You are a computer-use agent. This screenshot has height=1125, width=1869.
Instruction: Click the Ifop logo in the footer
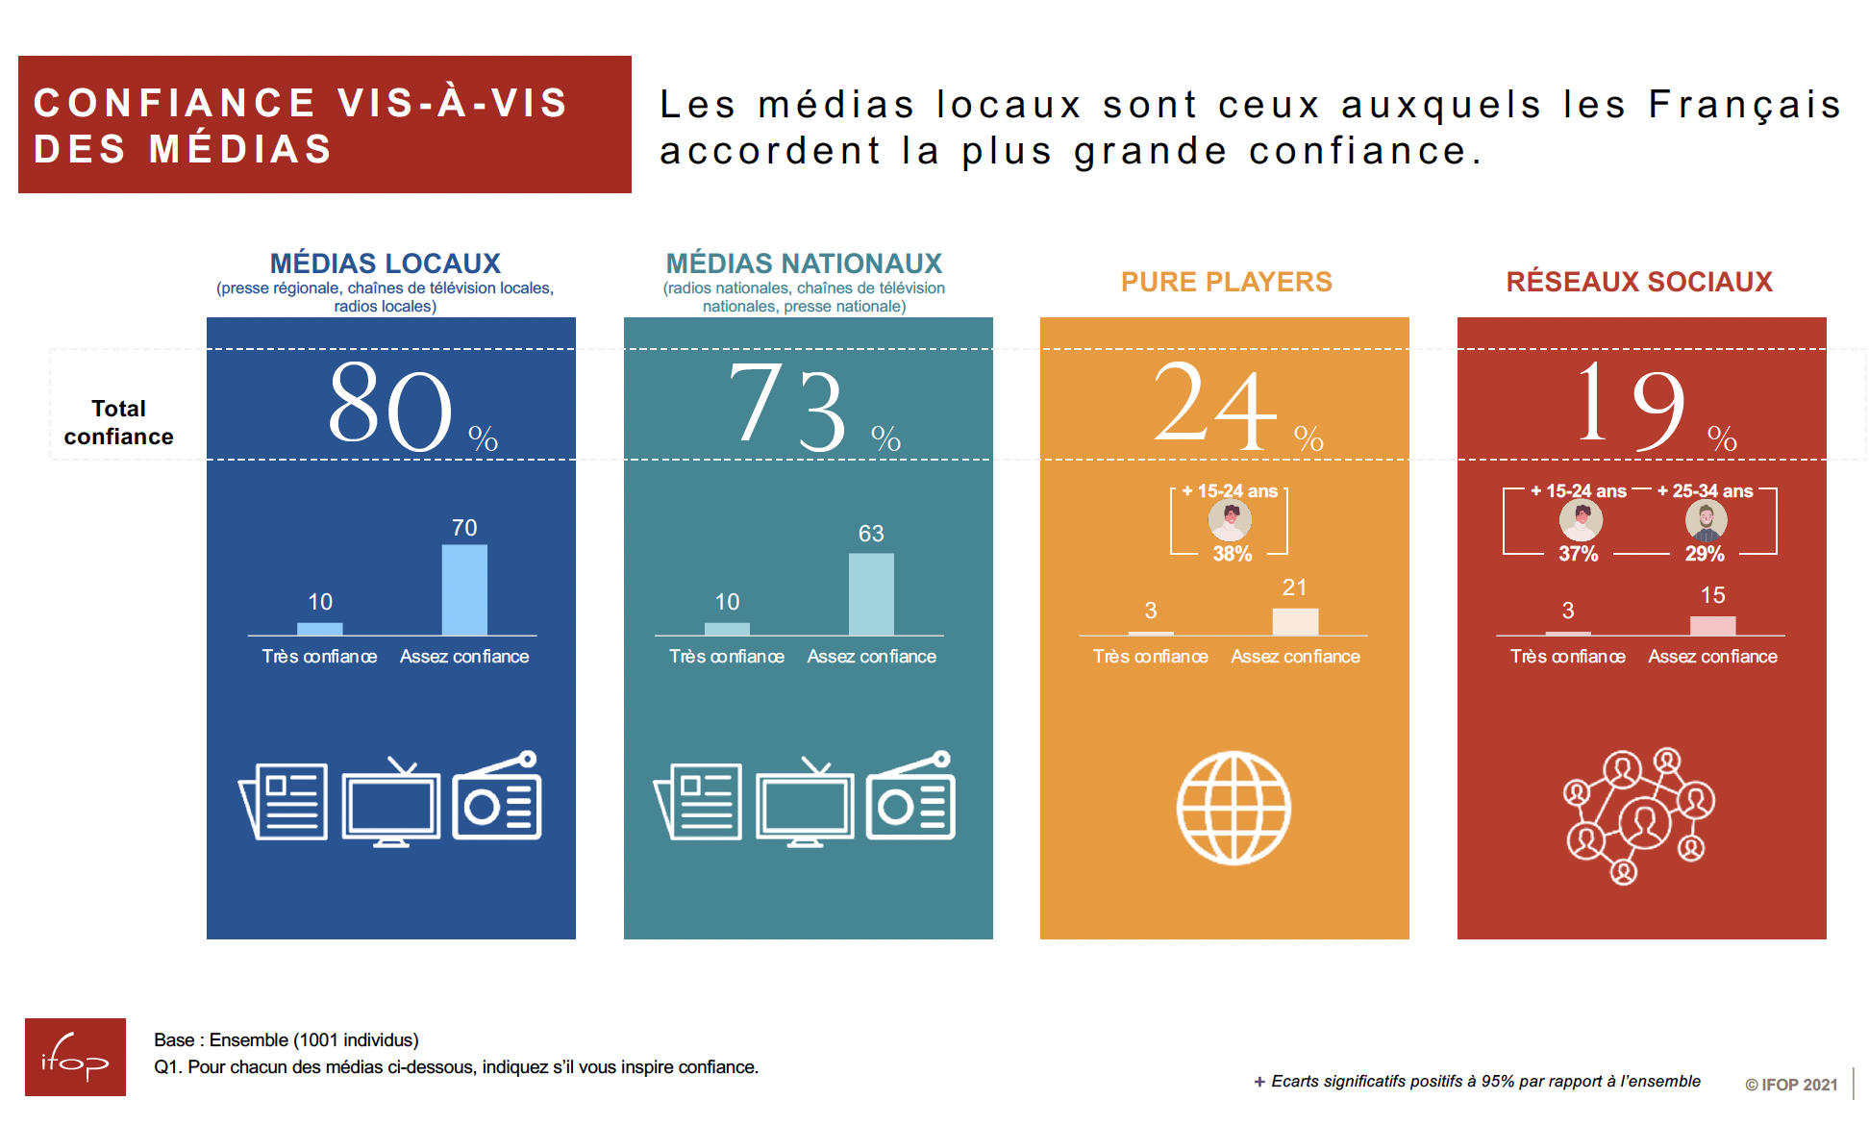(75, 1057)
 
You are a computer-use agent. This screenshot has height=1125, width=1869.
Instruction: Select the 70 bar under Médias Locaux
(464, 590)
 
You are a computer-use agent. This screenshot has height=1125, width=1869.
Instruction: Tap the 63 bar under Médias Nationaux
(871, 594)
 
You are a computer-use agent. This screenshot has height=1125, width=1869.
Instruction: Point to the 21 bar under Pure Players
(1295, 621)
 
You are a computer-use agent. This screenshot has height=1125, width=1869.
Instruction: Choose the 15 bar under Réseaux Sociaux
(1712, 625)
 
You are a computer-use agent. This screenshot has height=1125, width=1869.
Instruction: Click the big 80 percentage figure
(390, 406)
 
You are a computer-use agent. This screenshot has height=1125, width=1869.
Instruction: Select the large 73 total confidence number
(788, 406)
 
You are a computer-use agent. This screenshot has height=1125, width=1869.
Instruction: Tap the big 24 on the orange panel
(1215, 406)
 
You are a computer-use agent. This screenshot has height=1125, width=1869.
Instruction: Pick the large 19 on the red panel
(1631, 406)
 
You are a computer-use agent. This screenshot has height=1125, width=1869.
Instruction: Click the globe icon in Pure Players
(1234, 808)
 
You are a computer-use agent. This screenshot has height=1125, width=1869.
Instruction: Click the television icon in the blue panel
(390, 803)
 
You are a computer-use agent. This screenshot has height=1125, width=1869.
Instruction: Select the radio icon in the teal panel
(910, 798)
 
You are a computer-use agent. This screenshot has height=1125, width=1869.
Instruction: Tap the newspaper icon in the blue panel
(284, 801)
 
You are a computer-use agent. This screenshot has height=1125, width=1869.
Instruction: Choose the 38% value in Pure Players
(1232, 554)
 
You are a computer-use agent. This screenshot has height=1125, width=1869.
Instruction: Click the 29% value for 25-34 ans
(1704, 554)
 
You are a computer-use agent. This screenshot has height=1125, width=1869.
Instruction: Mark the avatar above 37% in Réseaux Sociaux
(1581, 520)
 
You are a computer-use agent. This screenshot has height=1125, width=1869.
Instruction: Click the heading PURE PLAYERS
(1226, 282)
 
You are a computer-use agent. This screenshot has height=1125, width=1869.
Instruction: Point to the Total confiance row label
(118, 422)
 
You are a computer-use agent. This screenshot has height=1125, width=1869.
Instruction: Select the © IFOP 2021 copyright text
(1790, 1085)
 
